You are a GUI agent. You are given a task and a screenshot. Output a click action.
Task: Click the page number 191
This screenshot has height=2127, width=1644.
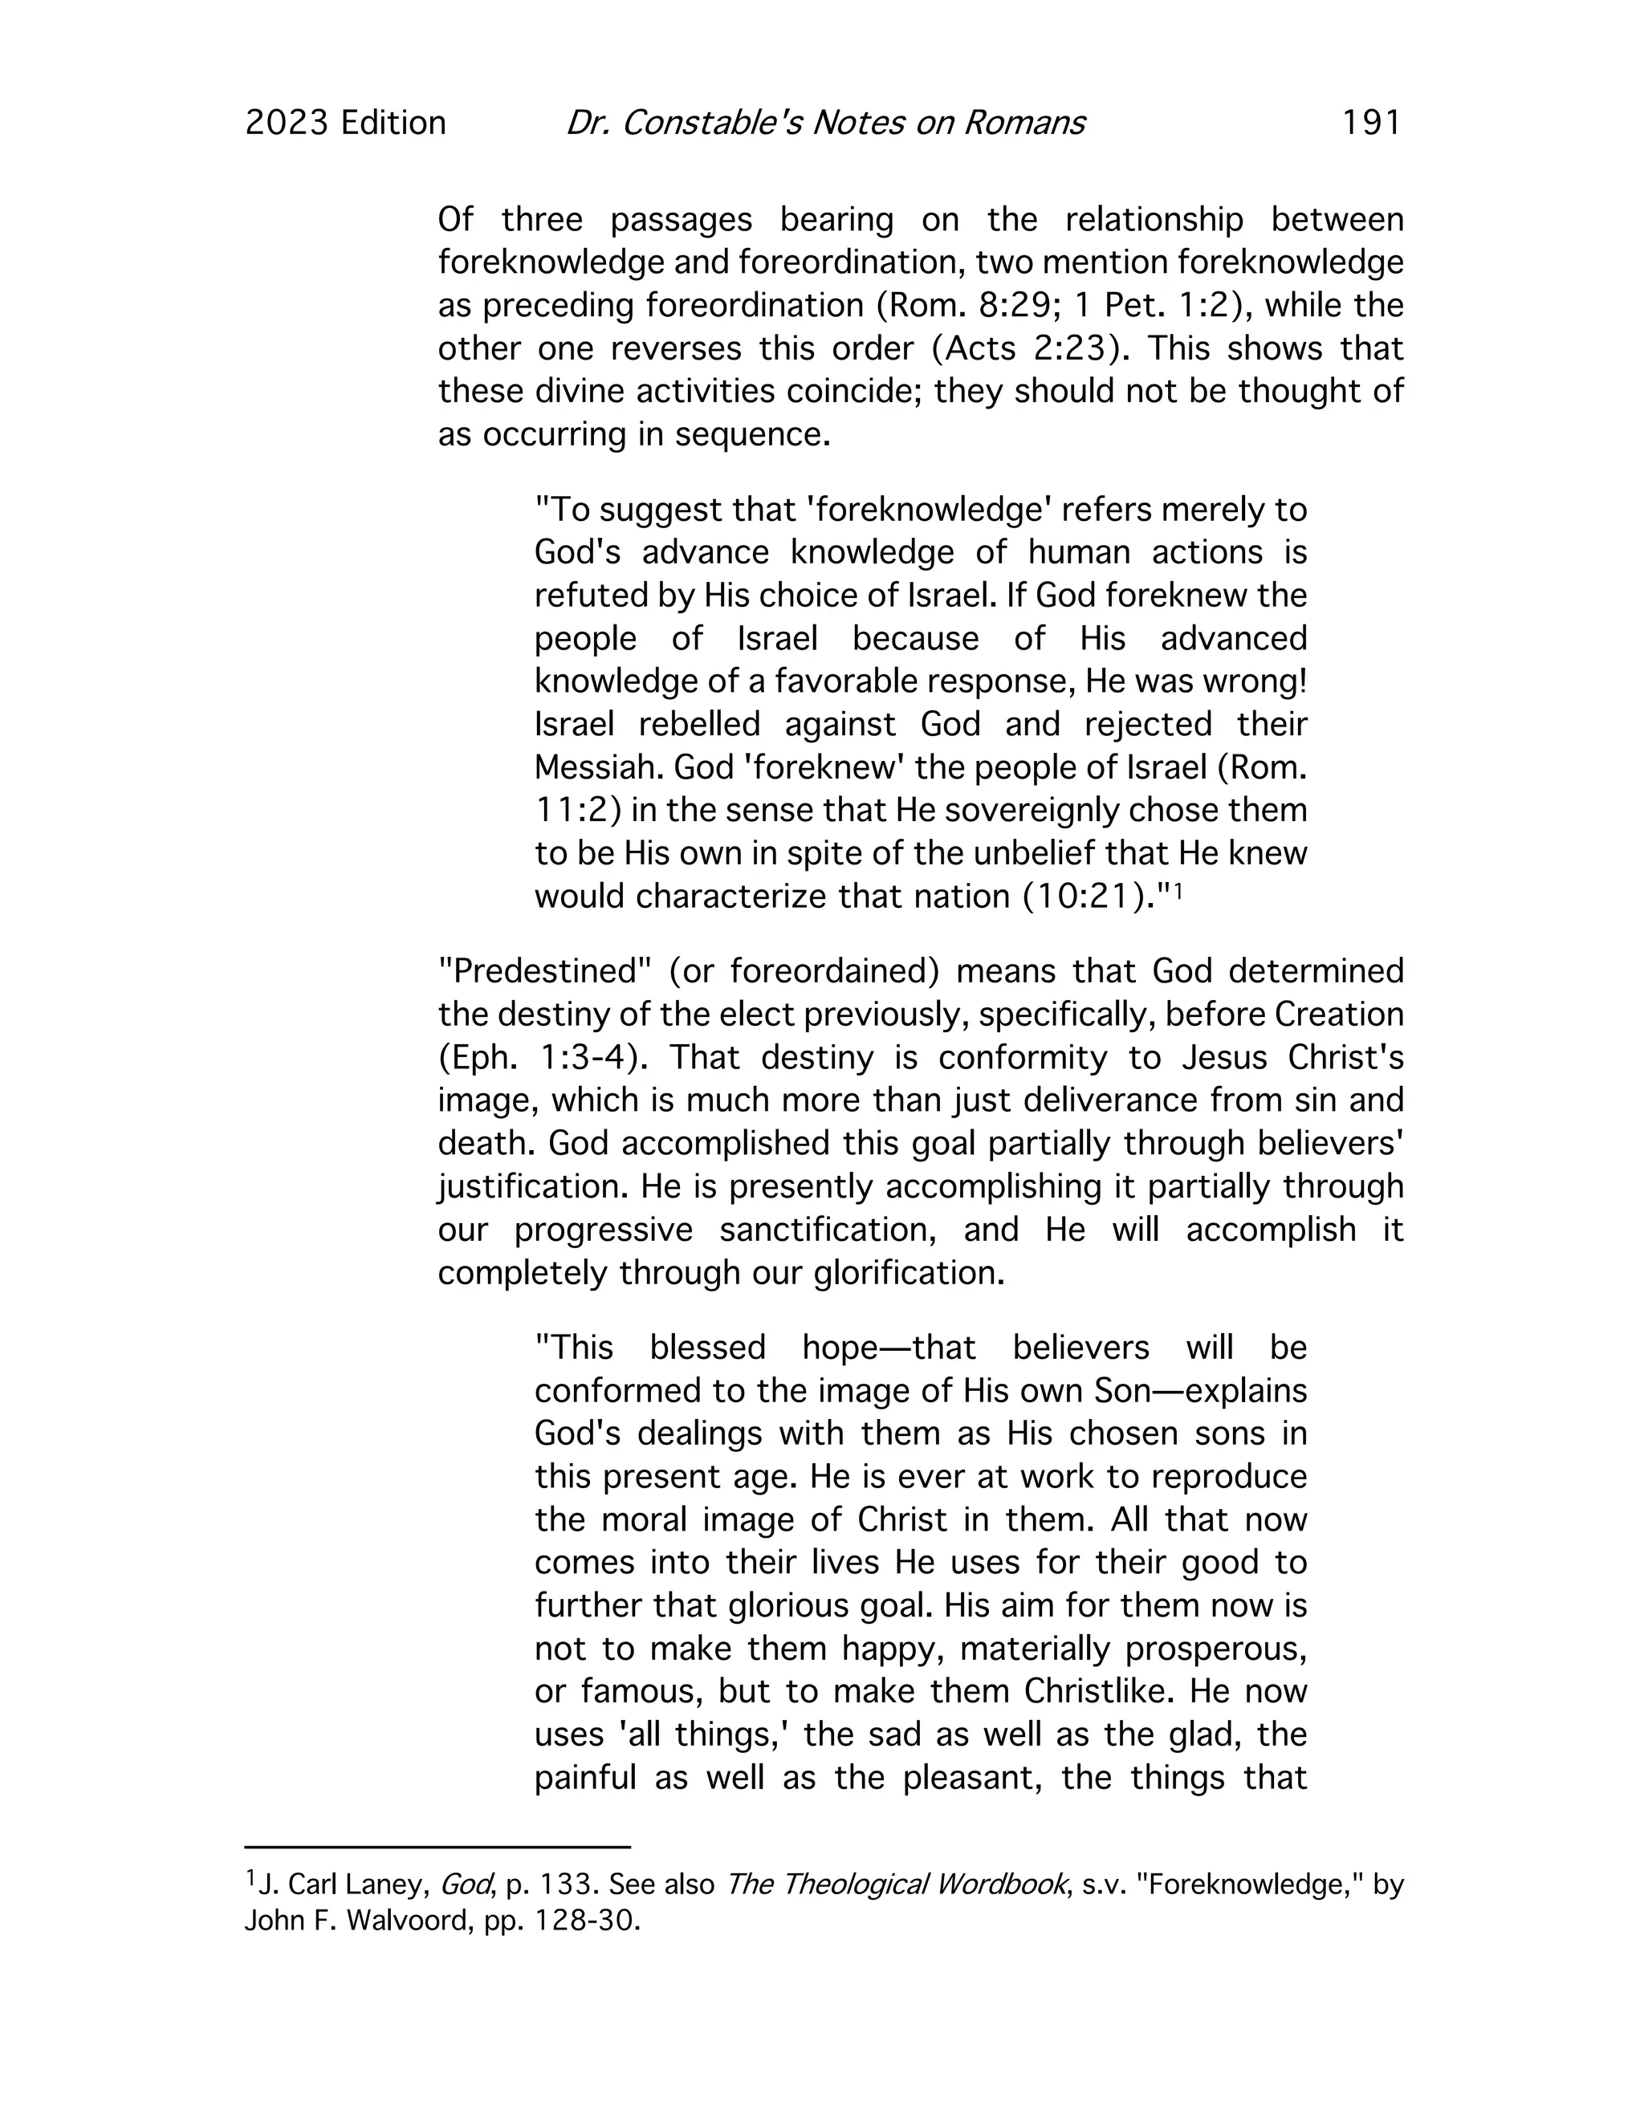[1371, 123]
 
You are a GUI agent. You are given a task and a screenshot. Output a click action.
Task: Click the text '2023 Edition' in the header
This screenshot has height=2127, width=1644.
[346, 123]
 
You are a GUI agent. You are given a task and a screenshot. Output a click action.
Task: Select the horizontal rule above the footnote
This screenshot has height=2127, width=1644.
[437, 1845]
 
